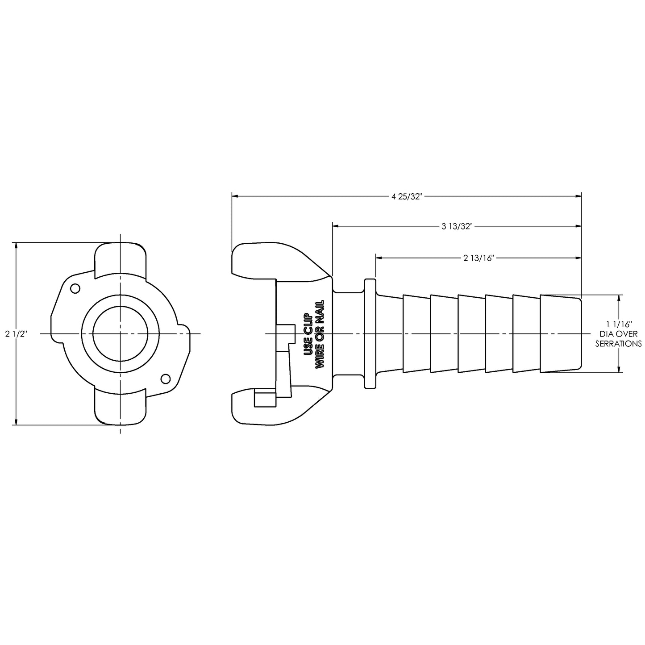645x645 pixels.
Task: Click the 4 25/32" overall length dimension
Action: [407, 196]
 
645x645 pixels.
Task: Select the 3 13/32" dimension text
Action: [457, 227]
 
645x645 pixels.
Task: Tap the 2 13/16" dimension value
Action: [479, 258]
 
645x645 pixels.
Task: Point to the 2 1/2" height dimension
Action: [16, 334]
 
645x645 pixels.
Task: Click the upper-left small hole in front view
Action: [75, 289]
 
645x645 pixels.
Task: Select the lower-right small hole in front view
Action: [165, 379]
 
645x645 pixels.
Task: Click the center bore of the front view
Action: [120, 334]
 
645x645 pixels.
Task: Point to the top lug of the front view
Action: [120, 257]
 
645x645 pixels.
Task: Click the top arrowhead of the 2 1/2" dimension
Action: [16, 246]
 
